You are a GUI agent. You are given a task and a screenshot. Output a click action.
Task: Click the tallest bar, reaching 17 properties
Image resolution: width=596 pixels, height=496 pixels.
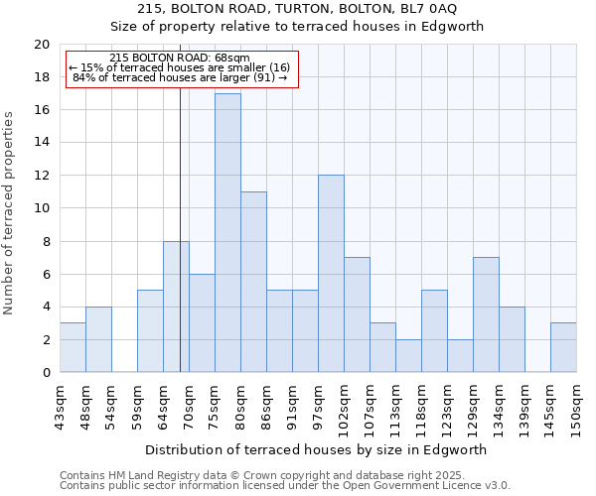click(227, 233)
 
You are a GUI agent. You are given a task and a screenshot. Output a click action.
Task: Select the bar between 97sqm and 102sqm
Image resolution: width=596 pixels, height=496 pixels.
click(331, 274)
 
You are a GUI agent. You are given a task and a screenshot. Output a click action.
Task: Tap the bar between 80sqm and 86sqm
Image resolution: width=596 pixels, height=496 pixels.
click(253, 282)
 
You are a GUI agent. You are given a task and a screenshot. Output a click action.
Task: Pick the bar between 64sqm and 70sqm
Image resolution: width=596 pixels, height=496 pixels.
click(176, 307)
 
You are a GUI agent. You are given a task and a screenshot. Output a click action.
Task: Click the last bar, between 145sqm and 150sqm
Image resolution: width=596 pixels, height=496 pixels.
click(563, 347)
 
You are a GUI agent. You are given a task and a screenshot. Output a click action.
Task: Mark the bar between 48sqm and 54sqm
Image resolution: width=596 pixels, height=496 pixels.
click(98, 339)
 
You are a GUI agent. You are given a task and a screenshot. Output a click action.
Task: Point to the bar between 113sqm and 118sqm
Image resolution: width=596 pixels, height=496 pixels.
click(408, 355)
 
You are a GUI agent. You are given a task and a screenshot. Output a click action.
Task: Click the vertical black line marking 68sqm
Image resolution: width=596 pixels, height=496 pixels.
click(180, 248)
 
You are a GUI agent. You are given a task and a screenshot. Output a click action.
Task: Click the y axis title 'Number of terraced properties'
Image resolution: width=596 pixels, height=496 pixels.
click(9, 213)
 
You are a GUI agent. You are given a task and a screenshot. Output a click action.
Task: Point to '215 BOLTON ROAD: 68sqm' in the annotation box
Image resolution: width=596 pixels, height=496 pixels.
click(180, 59)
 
